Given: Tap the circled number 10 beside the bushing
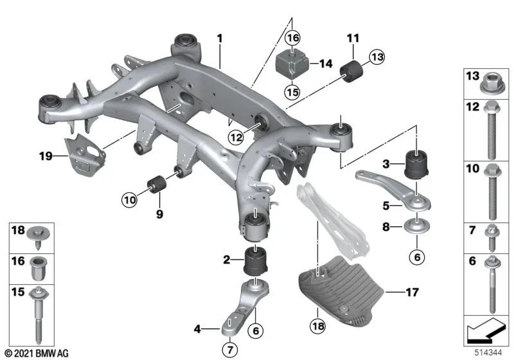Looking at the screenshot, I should (130, 201).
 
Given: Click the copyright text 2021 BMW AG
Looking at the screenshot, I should (36, 353).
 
